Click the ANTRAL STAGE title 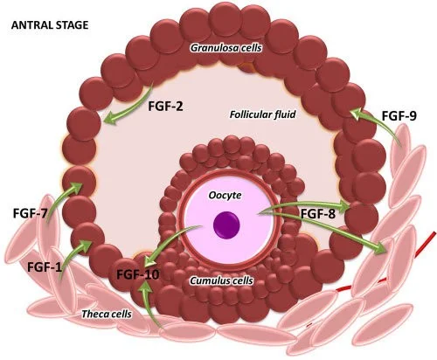click(x=50, y=25)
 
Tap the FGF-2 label click(x=165, y=107)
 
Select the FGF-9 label click(x=399, y=116)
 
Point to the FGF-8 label click(x=318, y=214)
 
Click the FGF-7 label click(x=30, y=213)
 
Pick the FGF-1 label click(x=45, y=267)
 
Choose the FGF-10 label click(x=138, y=274)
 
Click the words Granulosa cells click(x=226, y=48)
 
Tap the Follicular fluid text click(x=262, y=114)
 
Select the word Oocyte click(x=225, y=195)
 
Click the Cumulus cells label click(x=221, y=280)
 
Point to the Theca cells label click(x=107, y=314)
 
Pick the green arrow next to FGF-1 click(x=73, y=256)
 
